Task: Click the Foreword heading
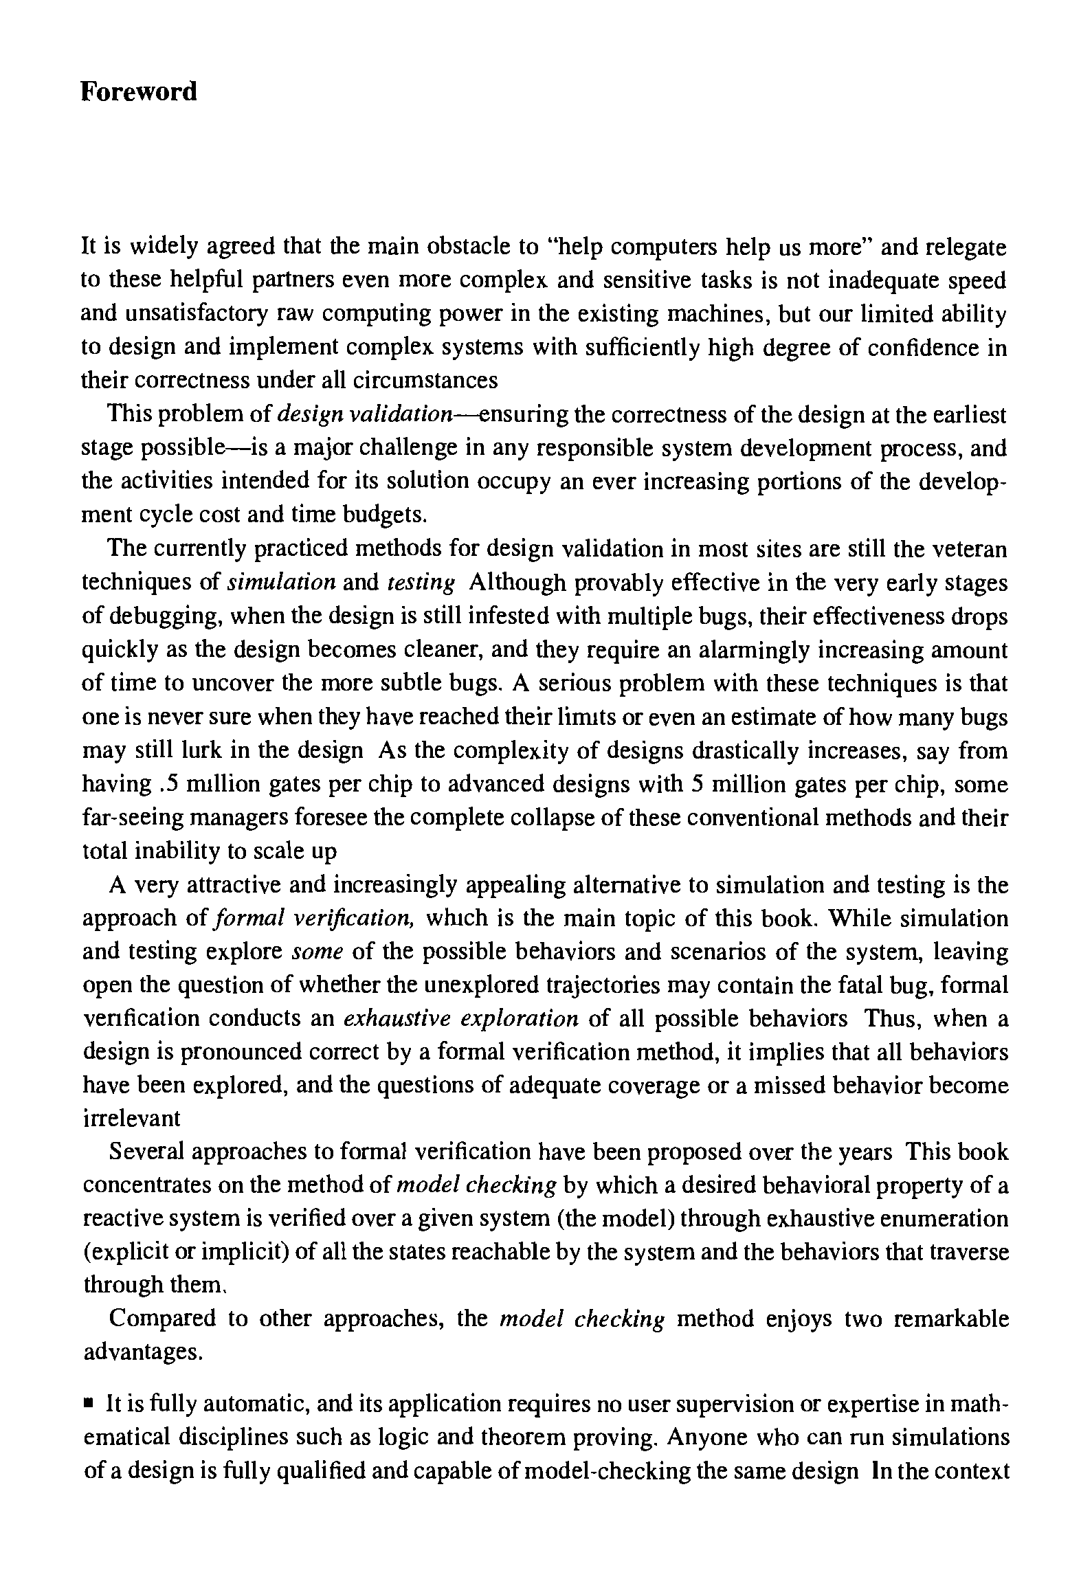[138, 91]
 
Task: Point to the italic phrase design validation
[364, 415]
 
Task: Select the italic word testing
[421, 583]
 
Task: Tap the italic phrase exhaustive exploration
[460, 1019]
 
